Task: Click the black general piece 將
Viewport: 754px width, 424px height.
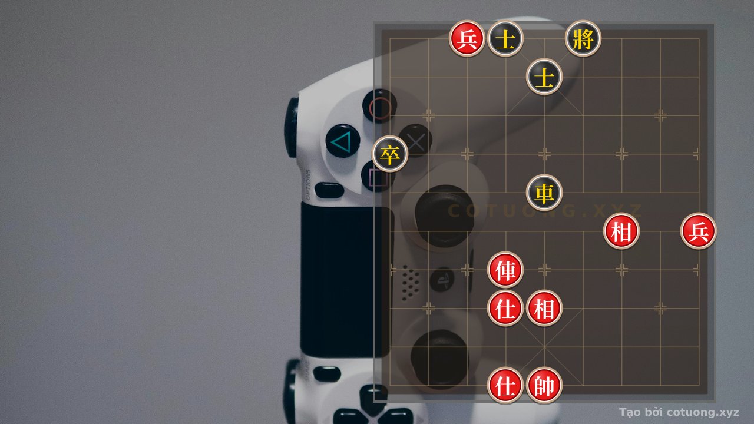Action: click(x=583, y=39)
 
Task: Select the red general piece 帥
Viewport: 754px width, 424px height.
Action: click(x=544, y=385)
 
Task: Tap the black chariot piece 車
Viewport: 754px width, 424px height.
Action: click(x=544, y=193)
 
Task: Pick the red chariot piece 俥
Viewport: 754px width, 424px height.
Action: click(x=505, y=270)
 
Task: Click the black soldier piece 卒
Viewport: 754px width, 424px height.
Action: click(x=390, y=154)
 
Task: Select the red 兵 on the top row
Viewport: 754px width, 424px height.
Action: click(x=467, y=39)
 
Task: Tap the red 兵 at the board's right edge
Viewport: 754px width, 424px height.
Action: click(x=699, y=231)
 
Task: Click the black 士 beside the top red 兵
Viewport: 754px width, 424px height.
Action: click(x=505, y=39)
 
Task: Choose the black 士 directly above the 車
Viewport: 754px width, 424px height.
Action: click(x=544, y=77)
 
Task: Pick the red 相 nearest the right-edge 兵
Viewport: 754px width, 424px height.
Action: click(x=621, y=231)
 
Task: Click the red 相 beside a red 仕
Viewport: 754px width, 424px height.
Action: click(x=544, y=308)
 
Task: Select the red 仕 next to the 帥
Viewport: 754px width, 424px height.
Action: click(x=505, y=385)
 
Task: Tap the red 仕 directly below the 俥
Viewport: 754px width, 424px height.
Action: click(x=505, y=308)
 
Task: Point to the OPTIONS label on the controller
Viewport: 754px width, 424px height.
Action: click(x=307, y=184)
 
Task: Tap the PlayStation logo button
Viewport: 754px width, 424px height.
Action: click(x=442, y=280)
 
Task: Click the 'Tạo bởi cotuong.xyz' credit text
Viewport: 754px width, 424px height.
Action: click(x=679, y=412)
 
